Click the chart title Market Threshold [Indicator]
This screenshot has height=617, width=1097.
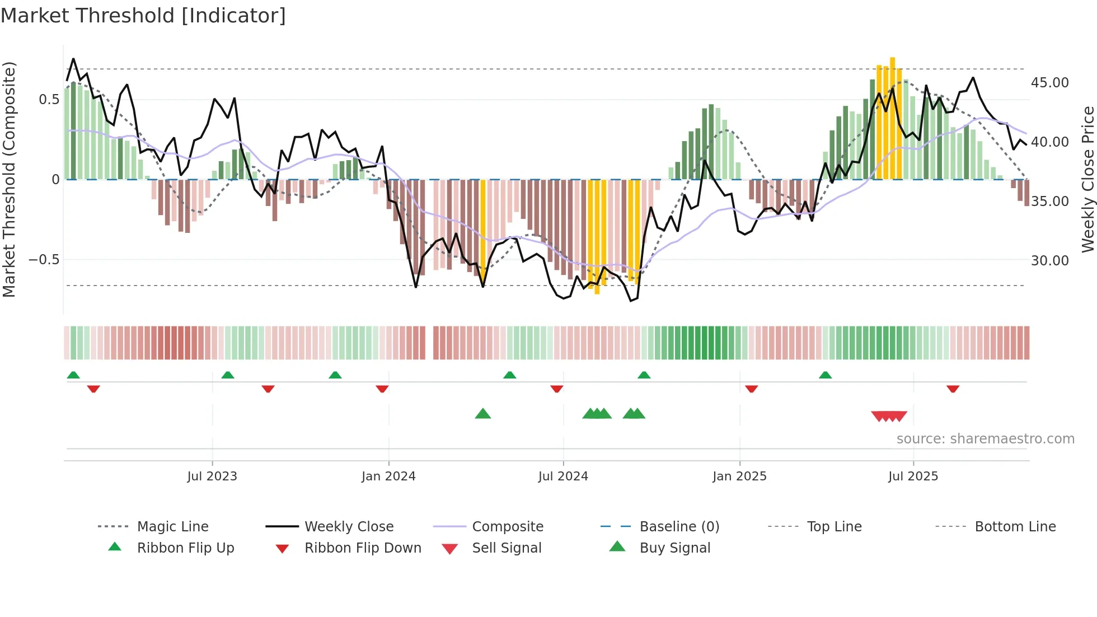tap(143, 16)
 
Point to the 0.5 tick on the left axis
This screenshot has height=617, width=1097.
tap(49, 100)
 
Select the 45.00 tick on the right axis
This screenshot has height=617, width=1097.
tap(1049, 83)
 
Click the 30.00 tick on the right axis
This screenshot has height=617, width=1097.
tap(1049, 261)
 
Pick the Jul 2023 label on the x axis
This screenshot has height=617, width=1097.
tap(212, 476)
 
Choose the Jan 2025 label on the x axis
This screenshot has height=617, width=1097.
tap(739, 476)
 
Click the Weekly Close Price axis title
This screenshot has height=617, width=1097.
tap(1087, 179)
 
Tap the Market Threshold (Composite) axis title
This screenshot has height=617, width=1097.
tap(9, 179)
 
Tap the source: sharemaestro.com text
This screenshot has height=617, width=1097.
tap(985, 439)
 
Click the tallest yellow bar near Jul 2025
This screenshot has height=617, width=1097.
tap(893, 118)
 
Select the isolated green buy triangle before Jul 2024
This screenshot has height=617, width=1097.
tap(482, 414)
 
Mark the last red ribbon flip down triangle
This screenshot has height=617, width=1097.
tap(953, 389)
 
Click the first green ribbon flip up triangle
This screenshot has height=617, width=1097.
tap(73, 375)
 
